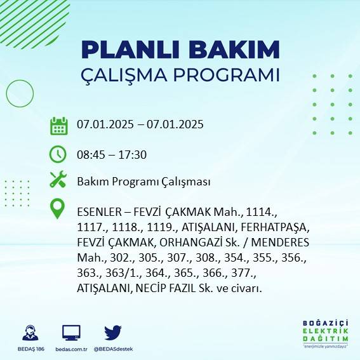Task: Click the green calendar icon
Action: pyautogui.click(x=58, y=125)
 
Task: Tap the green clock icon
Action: pyautogui.click(x=58, y=154)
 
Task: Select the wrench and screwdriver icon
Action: pyautogui.click(x=58, y=180)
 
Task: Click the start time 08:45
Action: pyautogui.click(x=91, y=154)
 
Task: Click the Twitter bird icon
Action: pyautogui.click(x=113, y=332)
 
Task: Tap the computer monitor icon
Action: pyautogui.click(x=71, y=332)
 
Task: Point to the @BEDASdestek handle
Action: pyautogui.click(x=113, y=349)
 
